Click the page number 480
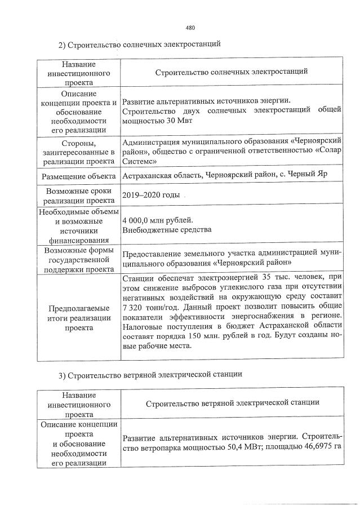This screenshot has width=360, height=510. pyautogui.click(x=190, y=28)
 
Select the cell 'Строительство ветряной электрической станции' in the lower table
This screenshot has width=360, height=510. pyautogui.click(x=233, y=403)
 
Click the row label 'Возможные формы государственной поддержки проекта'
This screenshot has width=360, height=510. pyautogui.click(x=78, y=259)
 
